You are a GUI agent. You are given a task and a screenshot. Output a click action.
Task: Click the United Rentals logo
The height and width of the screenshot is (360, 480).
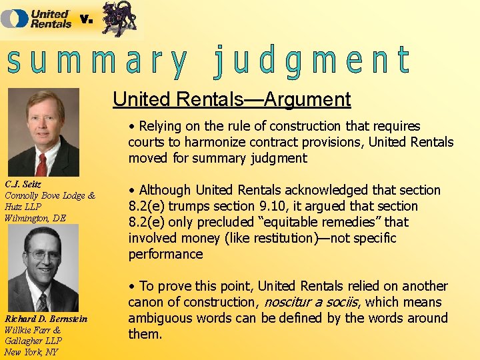tap(37, 18)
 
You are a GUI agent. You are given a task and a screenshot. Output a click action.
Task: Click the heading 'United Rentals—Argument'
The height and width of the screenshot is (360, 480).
tap(232, 99)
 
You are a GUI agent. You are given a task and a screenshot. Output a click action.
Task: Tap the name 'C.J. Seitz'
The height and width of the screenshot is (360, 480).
tap(23, 185)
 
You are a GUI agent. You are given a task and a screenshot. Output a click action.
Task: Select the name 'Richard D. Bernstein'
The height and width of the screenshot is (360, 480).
tap(45, 319)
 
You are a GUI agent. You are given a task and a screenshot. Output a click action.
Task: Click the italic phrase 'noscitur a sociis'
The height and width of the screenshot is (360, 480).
tap(313, 302)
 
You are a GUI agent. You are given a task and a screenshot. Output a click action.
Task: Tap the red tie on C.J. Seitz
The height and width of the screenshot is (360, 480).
tap(41, 163)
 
